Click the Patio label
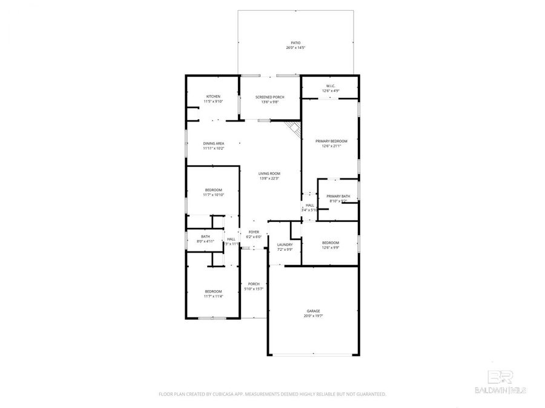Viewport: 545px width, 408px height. point(296,43)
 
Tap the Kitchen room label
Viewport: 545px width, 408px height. point(213,97)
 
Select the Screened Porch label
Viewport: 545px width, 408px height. point(269,97)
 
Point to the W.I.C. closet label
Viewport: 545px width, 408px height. point(331,86)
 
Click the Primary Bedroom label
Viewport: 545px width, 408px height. point(331,141)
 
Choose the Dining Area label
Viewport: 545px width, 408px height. point(213,143)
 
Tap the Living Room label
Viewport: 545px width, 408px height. point(269,173)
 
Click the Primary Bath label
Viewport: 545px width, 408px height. point(338,196)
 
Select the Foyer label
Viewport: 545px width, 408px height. point(253,232)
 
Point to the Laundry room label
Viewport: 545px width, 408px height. point(285,245)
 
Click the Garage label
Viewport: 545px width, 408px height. point(313,311)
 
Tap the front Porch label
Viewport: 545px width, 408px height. point(253,283)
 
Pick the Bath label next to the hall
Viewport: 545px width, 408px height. point(205,236)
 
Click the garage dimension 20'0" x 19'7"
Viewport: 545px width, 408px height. point(313,316)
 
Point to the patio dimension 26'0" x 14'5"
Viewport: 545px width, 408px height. point(296,48)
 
